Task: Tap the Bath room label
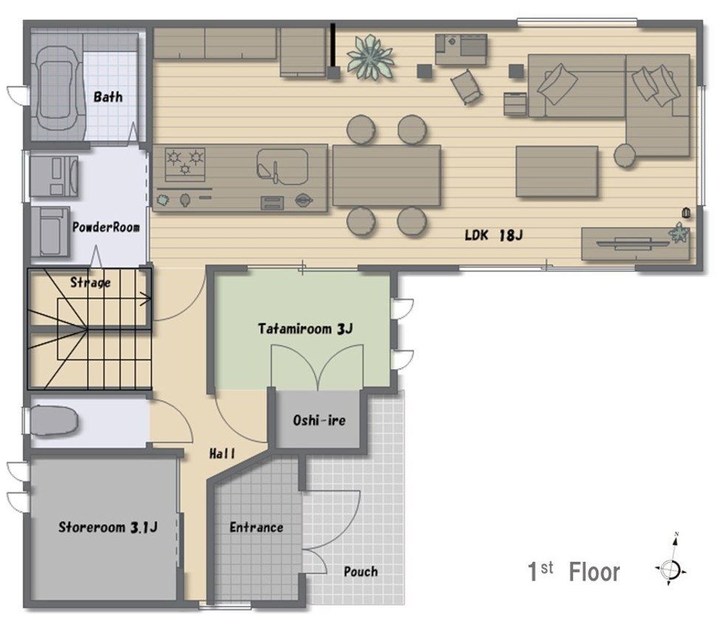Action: pyautogui.click(x=108, y=97)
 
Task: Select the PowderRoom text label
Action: pyautogui.click(x=106, y=227)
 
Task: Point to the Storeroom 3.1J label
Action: pyautogui.click(x=108, y=527)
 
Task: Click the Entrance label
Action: pyautogui.click(x=256, y=527)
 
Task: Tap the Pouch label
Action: pyautogui.click(x=361, y=571)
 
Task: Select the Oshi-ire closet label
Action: pyautogui.click(x=319, y=420)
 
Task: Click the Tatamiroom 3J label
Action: pyautogui.click(x=305, y=329)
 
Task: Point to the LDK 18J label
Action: pyautogui.click(x=493, y=235)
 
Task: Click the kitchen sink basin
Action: pyautogui.click(x=282, y=166)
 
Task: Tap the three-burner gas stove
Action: pyautogui.click(x=185, y=164)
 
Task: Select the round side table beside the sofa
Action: pyautogui.click(x=625, y=155)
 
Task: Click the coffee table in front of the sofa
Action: pyautogui.click(x=557, y=171)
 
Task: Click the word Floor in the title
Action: pyautogui.click(x=594, y=572)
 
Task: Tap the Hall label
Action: pyautogui.click(x=222, y=453)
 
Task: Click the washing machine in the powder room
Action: pyautogui.click(x=53, y=176)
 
